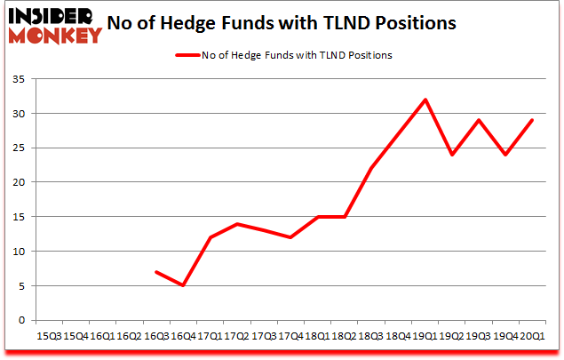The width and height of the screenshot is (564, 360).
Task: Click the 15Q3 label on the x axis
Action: (49, 336)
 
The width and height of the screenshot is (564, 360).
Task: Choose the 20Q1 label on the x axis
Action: (531, 336)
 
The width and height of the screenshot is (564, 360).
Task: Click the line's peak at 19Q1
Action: (426, 100)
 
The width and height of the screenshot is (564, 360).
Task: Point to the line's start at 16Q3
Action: (155, 271)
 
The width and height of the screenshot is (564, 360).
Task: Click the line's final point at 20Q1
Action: (531, 120)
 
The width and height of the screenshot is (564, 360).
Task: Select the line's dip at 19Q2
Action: (452, 155)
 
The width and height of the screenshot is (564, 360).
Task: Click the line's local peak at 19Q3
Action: (479, 120)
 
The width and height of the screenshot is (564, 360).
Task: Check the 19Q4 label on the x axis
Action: (504, 336)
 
